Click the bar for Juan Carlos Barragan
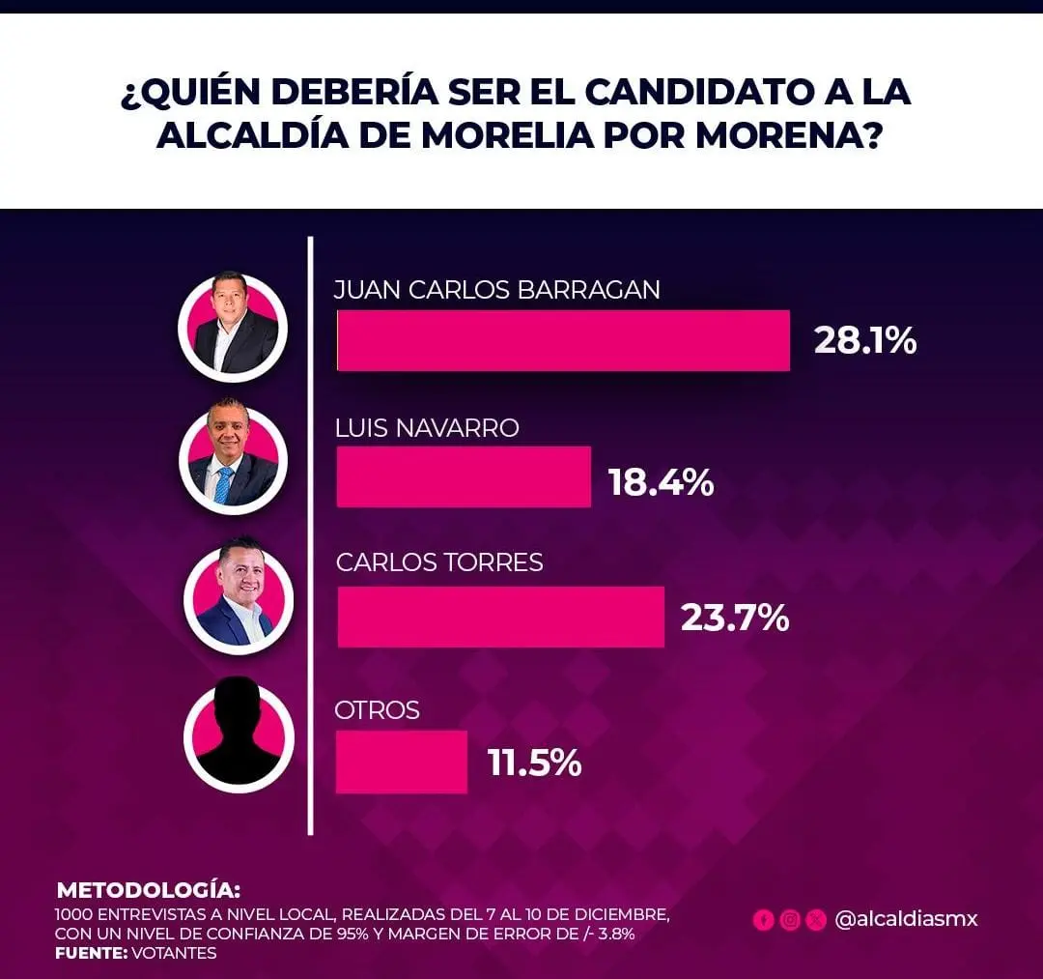point(563,340)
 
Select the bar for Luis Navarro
point(464,476)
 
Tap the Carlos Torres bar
point(500,617)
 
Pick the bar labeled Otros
point(402,762)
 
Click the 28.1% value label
point(864,341)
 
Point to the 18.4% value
point(662,482)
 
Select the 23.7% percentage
point(735,619)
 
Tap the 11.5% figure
point(534,763)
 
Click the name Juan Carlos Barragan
point(497,290)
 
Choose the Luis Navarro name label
point(427,428)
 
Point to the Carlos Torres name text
point(439,562)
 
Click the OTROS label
point(378,710)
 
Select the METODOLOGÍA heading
point(149,890)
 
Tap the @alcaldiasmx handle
point(906,919)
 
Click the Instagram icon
point(790,920)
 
